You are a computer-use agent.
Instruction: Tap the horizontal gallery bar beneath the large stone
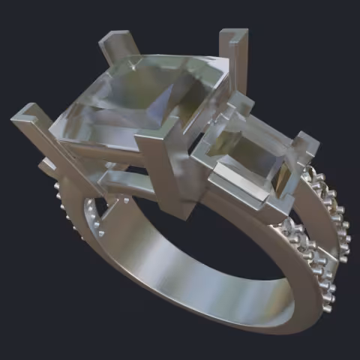(127, 180)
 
